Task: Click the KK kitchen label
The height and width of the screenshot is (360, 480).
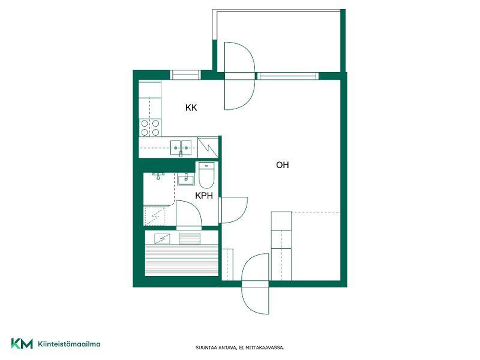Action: tap(191, 108)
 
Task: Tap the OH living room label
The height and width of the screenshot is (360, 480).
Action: tap(283, 165)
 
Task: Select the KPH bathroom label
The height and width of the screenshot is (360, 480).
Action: tap(204, 196)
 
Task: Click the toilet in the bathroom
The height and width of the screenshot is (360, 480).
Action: tap(206, 175)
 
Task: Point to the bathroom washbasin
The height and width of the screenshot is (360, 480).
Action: tap(185, 179)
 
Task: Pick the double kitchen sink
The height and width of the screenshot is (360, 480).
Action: tap(181, 148)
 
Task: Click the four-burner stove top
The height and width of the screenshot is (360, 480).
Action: tap(150, 128)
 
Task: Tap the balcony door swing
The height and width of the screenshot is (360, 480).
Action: tap(239, 76)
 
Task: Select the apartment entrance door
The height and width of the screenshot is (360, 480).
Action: tap(255, 284)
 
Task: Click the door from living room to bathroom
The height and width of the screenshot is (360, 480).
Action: tap(233, 210)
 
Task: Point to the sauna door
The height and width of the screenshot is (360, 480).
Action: tap(188, 214)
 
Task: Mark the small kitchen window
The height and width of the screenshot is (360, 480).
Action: tap(185, 75)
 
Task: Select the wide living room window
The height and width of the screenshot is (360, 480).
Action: tap(287, 76)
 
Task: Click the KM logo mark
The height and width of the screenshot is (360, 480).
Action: tap(22, 344)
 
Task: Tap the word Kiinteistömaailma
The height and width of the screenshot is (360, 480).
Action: tap(69, 344)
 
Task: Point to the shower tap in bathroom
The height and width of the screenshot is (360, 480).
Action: tap(158, 176)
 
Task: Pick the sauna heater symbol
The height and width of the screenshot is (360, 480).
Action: tap(162, 239)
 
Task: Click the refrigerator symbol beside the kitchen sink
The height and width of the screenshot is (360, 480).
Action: tap(208, 148)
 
